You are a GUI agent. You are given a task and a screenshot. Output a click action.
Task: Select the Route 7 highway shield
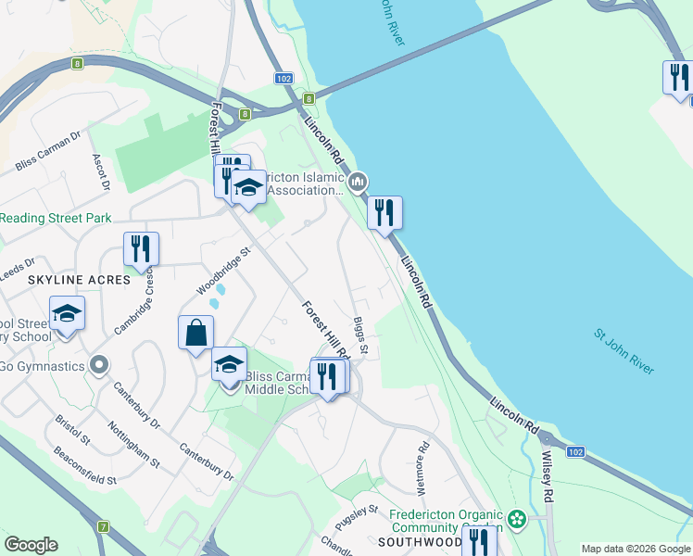(x=103, y=526)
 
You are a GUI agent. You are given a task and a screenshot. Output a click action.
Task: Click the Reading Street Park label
(x=56, y=218)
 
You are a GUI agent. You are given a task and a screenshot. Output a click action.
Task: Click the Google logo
(x=31, y=544)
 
